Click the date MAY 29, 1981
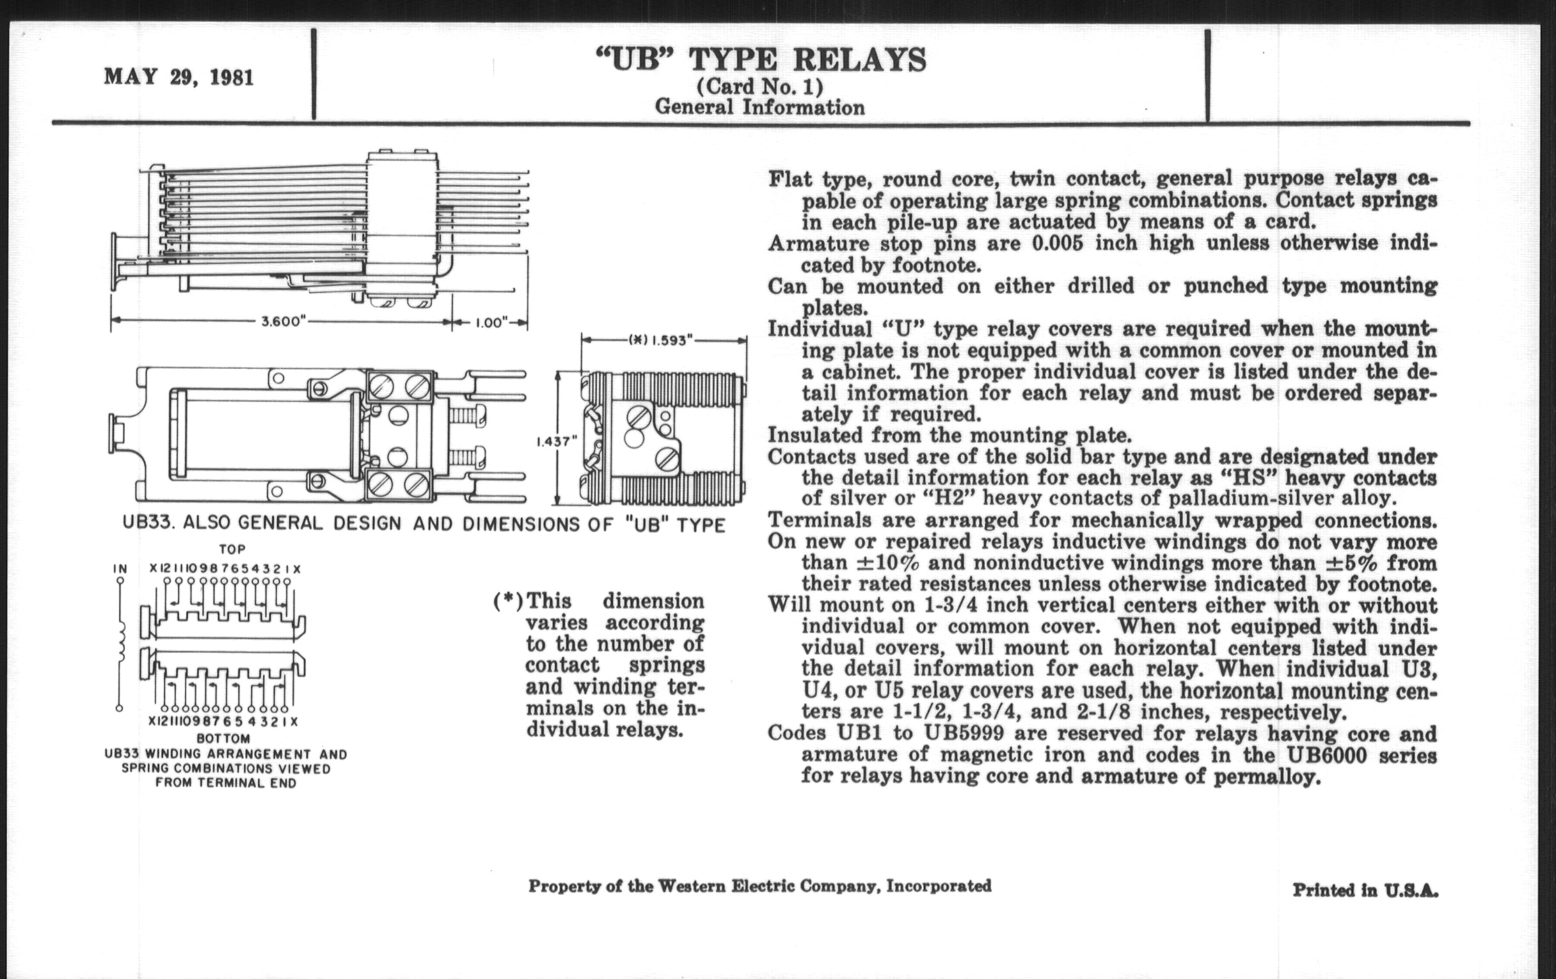click(179, 77)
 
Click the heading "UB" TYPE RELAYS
click(760, 60)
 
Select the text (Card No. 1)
click(759, 86)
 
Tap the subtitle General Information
click(759, 107)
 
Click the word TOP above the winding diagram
click(233, 549)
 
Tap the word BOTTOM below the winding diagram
click(223, 738)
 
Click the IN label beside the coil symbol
click(120, 569)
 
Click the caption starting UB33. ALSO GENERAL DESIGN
click(424, 524)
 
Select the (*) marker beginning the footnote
click(508, 601)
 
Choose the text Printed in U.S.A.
click(1365, 891)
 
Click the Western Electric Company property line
click(759, 886)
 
